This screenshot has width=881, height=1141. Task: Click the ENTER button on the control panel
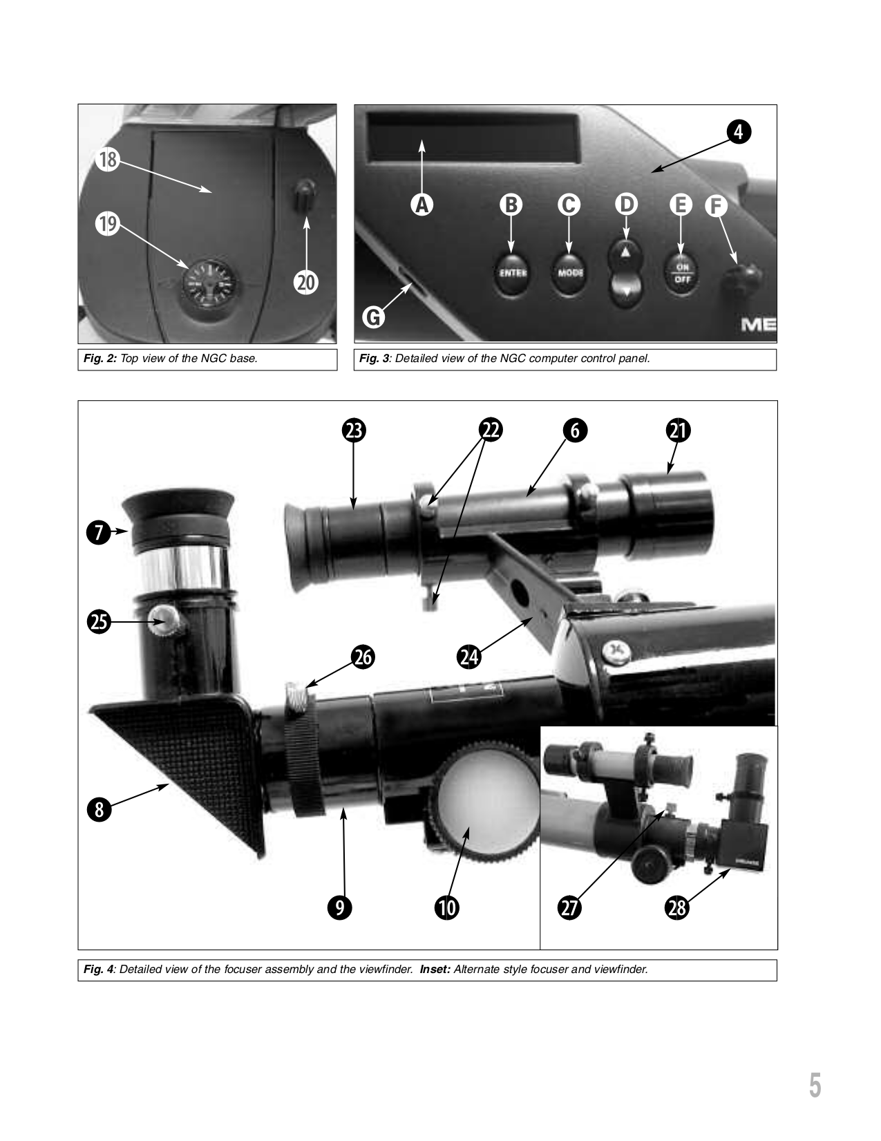(512, 273)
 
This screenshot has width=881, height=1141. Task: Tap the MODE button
(569, 273)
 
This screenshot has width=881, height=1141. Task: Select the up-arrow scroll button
(625, 254)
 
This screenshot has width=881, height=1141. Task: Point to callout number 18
(108, 160)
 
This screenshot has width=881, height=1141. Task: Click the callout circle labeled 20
(305, 282)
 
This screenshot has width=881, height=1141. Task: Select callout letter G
(373, 317)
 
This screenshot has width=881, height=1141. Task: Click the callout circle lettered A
(421, 205)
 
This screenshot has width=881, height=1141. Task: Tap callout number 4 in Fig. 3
(738, 131)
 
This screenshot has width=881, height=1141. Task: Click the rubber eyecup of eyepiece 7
(178, 515)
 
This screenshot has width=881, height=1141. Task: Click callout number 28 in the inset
(676, 907)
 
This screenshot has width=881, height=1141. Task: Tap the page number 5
(815, 1086)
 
